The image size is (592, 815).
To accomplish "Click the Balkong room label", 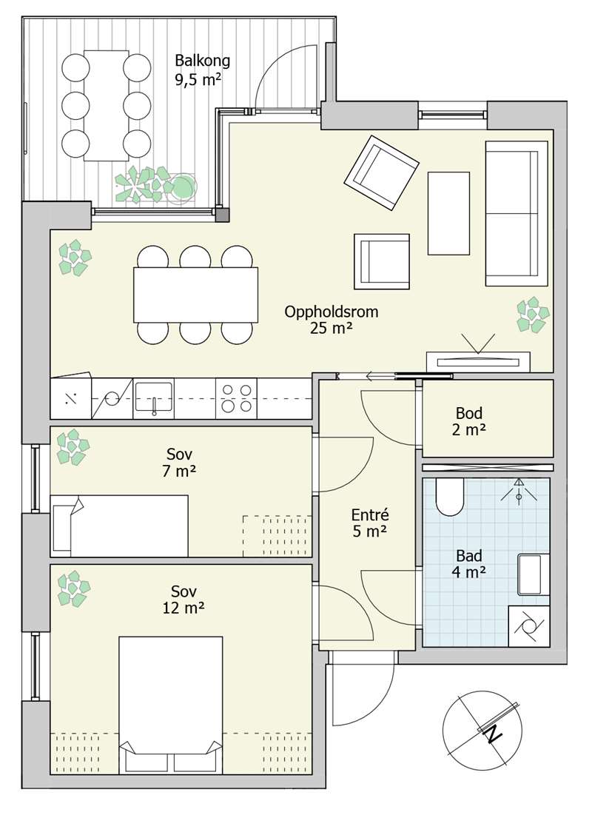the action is (202, 61).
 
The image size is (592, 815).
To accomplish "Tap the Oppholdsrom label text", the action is (331, 312).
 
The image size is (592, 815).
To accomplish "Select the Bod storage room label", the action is (469, 413).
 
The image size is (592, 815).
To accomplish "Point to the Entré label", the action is (369, 515).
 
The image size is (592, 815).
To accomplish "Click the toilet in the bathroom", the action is (449, 497).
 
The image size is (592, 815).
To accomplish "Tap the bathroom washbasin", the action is (533, 574).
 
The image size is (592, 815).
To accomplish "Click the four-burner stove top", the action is (237, 398).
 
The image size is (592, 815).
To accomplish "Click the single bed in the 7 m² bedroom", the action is (120, 526).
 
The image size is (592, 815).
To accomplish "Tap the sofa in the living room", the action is (516, 213).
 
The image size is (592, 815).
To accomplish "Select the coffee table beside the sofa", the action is (449, 213).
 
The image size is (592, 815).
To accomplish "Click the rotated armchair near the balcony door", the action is (382, 173).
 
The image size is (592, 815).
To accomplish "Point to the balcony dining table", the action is (106, 106).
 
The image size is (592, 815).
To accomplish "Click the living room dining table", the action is (196, 295).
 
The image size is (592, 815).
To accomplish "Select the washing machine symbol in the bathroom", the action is (528, 626).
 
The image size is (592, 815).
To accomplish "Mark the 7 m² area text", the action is (179, 472).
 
